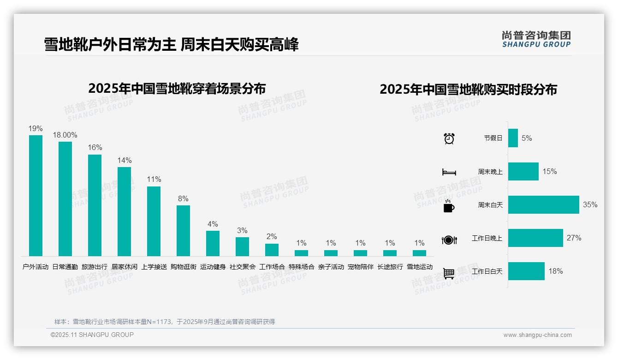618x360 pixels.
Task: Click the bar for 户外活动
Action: (36, 196)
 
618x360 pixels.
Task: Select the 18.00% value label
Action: (65, 135)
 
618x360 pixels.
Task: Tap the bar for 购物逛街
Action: (183, 231)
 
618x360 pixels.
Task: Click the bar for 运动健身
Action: (213, 243)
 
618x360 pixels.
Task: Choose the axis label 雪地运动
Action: (419, 267)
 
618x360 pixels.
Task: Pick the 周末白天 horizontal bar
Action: (543, 205)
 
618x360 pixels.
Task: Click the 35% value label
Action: (590, 205)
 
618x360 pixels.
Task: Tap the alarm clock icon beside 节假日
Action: (449, 138)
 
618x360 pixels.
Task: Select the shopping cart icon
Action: (449, 274)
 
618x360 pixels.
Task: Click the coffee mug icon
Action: (449, 206)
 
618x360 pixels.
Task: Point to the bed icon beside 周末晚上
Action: (449, 172)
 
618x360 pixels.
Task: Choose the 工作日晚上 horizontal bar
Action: (535, 238)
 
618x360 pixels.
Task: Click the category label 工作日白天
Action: (487, 271)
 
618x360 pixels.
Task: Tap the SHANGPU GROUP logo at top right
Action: (536, 39)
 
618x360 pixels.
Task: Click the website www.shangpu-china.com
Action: (537, 335)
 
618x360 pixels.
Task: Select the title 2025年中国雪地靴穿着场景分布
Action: (177, 88)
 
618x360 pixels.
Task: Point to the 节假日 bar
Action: (513, 138)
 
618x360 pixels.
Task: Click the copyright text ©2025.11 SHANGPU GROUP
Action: (92, 335)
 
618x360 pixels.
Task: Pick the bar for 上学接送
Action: (154, 221)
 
